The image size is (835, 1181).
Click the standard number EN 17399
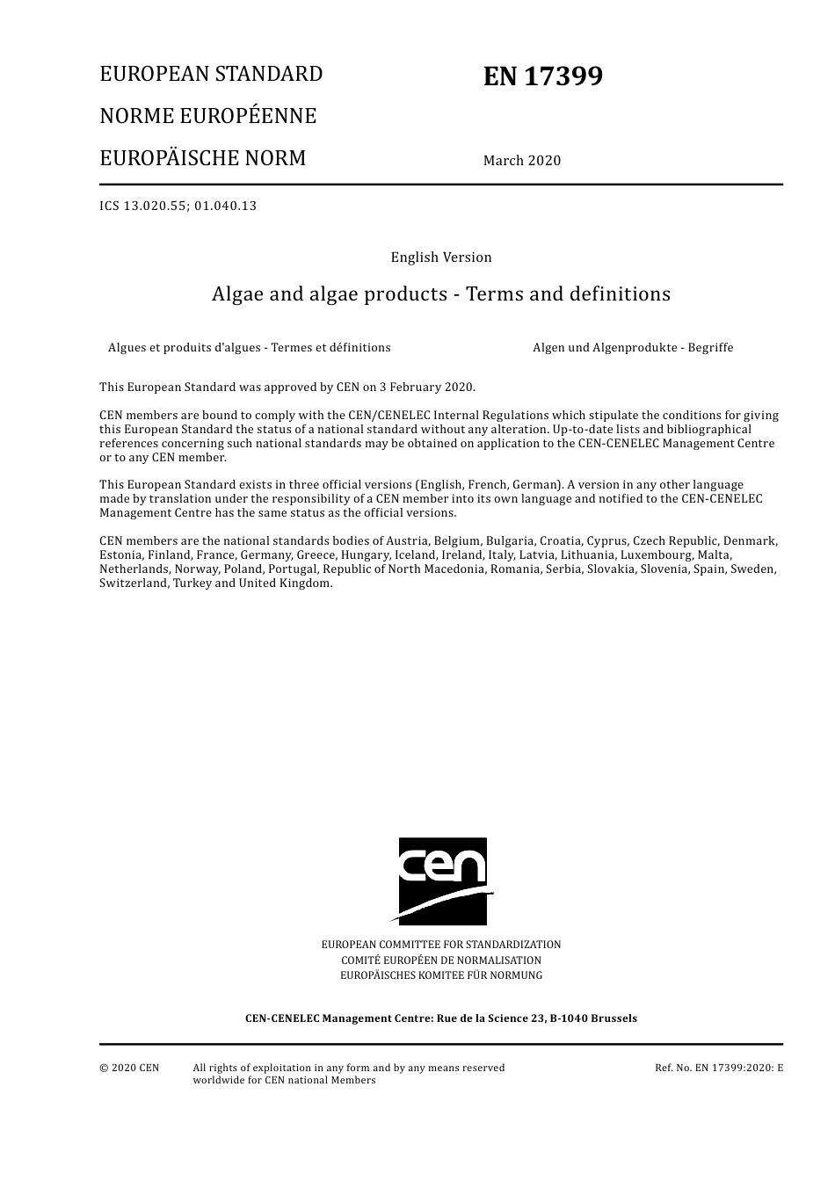point(542,76)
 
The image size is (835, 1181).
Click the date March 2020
point(521,160)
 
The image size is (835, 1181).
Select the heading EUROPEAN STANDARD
point(211,74)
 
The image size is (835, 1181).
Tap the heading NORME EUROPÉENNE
point(207,116)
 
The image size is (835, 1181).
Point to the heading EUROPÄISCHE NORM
point(202,158)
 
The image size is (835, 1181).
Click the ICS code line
point(178,206)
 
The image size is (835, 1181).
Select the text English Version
point(441,257)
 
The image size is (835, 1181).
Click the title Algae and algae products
point(441,294)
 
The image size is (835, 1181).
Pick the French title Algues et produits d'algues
point(249,348)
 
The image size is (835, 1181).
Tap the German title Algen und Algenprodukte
point(632,348)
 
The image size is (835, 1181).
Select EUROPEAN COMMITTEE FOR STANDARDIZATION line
point(441,945)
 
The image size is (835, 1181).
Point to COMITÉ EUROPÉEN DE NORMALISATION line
point(441,960)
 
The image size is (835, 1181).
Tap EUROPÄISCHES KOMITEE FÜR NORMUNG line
point(441,975)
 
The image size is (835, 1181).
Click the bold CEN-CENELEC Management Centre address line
point(441,1018)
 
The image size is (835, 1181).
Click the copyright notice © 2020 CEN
point(129,1069)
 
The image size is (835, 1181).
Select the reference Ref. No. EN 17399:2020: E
point(718,1069)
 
